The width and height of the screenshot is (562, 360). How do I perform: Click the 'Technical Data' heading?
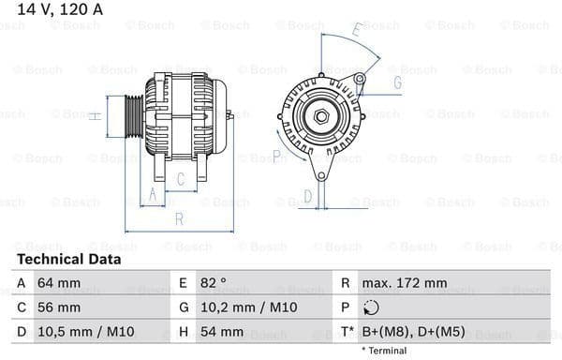point(68,259)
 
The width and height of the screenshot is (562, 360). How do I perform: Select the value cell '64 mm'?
point(61,283)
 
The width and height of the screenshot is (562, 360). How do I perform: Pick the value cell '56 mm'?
point(61,307)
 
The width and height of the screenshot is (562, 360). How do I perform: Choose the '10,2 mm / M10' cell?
point(243,307)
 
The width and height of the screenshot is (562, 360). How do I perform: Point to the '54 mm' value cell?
point(221,332)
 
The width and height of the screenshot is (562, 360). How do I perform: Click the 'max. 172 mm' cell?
point(406,283)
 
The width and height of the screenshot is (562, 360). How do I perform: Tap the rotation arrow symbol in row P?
point(372,307)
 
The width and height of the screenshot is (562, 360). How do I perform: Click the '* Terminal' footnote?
point(384,351)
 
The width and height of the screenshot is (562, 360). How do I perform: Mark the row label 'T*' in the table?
point(347,332)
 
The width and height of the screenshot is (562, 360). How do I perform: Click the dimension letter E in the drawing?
point(357,32)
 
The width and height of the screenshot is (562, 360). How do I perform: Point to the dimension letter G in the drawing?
point(397,82)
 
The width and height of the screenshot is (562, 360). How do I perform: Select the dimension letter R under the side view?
point(178,220)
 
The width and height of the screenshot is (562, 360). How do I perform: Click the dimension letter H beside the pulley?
point(95,115)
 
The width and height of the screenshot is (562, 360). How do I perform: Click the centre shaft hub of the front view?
point(320,115)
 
